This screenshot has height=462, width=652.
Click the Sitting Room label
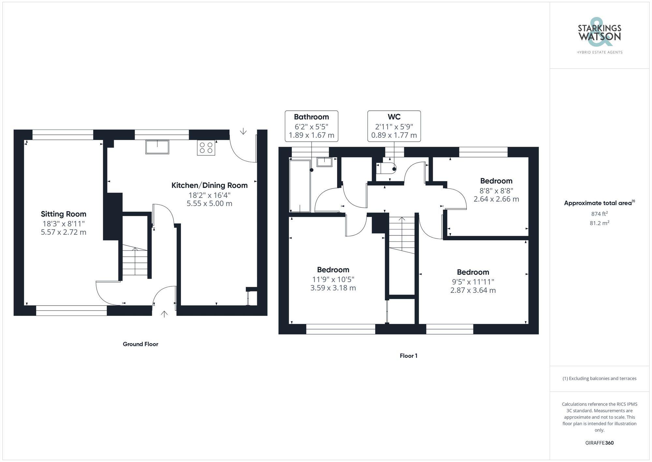64,214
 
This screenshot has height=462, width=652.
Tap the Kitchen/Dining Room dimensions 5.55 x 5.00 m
209,203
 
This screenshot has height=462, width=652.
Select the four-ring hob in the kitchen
206,148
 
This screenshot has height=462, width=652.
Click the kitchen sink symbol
157,147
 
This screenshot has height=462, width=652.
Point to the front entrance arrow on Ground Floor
164,314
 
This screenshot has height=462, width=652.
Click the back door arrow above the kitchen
243,131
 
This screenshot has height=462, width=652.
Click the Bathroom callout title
311,117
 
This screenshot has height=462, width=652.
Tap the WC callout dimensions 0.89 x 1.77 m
394,135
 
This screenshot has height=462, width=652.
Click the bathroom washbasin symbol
324,162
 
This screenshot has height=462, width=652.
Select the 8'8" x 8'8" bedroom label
496,181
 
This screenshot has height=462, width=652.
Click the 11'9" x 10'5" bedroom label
333,270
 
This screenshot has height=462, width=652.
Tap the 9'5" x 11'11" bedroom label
473,272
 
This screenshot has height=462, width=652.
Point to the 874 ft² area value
599,214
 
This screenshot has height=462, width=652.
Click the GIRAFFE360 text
599,443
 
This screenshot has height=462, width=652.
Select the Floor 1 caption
408,356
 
